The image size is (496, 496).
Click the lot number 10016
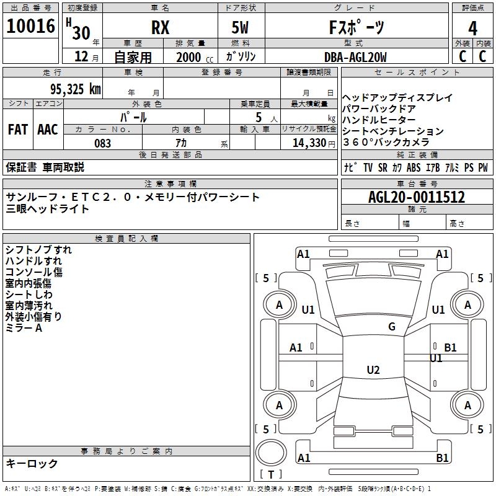(30, 26)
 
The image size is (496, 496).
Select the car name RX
(161, 27)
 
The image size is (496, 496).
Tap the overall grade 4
(472, 29)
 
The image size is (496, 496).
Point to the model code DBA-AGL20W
(355, 57)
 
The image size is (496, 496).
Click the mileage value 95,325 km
(76, 89)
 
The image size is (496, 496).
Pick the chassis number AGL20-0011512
(417, 197)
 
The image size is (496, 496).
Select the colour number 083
(102, 143)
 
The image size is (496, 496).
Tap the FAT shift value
(18, 130)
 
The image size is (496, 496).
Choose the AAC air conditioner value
(48, 130)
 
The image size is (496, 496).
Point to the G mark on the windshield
(392, 327)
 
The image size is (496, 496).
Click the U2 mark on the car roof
(373, 370)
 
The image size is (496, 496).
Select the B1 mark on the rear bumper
(442, 458)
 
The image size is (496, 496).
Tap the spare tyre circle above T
(271, 453)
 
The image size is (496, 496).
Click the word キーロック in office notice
(32, 463)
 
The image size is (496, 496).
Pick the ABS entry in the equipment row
(414, 167)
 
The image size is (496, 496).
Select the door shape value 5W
(240, 27)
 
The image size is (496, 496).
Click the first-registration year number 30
(81, 33)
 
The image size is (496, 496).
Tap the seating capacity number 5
(259, 117)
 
